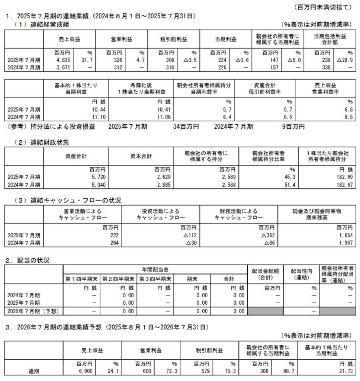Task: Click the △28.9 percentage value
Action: (x=344, y=60)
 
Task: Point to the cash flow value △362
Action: (x=267, y=235)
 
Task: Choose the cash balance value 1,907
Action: (x=344, y=243)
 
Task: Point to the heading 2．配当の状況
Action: (x=27, y=261)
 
